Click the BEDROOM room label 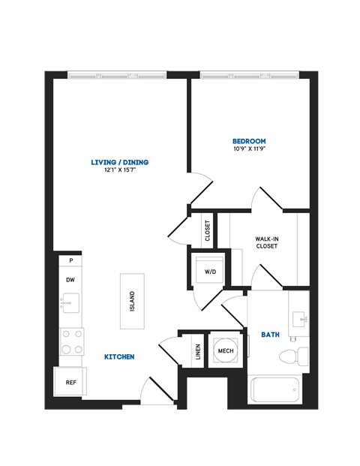[249, 141]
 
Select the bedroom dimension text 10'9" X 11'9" [249, 149]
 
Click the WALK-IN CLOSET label [266, 242]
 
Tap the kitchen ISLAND [131, 300]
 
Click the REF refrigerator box [71, 382]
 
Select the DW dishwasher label [70, 279]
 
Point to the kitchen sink [70, 303]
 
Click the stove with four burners [71, 341]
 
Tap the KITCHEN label [119, 356]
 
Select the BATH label [270, 335]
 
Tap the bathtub [274, 390]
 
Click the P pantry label [70, 260]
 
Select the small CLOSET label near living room [207, 230]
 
